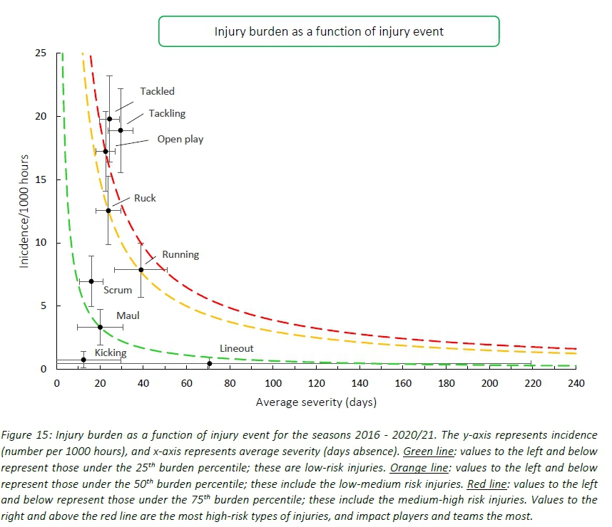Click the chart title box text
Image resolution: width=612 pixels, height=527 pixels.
tap(329, 31)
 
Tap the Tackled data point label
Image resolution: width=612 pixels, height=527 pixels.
tap(157, 91)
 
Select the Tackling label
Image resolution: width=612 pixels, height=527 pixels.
tap(167, 113)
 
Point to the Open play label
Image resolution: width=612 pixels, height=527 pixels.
tap(180, 139)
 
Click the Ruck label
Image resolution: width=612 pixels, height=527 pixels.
tap(145, 198)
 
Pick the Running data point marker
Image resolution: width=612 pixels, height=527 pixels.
tap(141, 270)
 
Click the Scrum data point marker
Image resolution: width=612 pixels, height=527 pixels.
tap(91, 281)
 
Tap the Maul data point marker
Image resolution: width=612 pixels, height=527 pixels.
tap(100, 327)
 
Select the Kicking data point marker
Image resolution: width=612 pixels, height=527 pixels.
tap(83, 360)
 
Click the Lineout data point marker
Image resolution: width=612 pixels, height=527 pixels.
tap(209, 364)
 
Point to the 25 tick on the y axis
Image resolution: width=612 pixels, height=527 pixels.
tap(42, 53)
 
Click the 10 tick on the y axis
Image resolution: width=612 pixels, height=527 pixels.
tap(42, 243)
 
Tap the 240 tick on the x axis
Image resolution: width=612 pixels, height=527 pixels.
tap(576, 383)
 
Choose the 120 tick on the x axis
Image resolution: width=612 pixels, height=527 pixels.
tap(316, 383)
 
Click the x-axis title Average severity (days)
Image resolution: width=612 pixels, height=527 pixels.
tap(316, 402)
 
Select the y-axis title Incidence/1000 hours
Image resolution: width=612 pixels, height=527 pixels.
tap(24, 211)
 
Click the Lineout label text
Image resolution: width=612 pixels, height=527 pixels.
tap(236, 349)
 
